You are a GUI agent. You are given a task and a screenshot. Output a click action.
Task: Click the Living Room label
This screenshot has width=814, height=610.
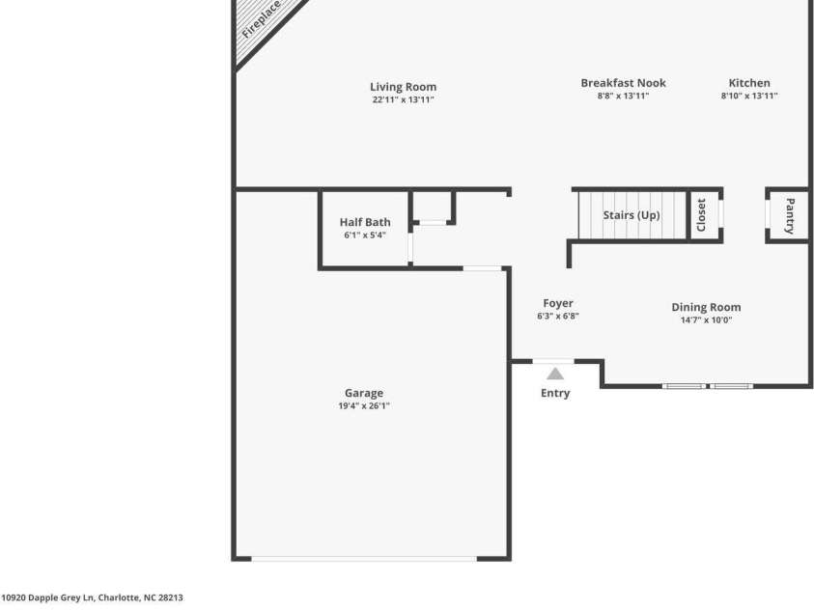tap(403, 87)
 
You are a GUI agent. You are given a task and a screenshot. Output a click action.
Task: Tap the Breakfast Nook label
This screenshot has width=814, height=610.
tap(623, 83)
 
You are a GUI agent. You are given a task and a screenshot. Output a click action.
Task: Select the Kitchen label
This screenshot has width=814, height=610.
tap(749, 83)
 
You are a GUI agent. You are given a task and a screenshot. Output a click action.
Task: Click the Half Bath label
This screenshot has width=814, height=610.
tap(365, 222)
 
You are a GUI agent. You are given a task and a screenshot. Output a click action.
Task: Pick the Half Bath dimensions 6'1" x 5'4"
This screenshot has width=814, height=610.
tap(365, 235)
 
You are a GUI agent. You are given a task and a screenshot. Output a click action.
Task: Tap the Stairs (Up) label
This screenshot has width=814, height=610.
tap(632, 214)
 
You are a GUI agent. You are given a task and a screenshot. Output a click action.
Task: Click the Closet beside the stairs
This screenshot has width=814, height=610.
tap(701, 213)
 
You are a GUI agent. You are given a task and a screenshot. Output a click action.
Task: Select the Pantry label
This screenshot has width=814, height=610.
tap(790, 215)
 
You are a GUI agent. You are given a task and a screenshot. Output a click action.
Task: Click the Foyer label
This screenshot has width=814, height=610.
tap(558, 303)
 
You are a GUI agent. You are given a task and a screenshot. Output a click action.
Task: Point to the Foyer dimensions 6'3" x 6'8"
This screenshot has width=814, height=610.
tap(558, 316)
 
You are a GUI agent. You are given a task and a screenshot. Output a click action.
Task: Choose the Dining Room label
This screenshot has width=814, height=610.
tap(706, 307)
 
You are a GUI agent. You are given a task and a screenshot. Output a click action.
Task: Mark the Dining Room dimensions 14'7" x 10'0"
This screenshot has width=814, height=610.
tap(706, 319)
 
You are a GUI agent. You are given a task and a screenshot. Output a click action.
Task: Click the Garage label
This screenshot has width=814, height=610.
tap(364, 393)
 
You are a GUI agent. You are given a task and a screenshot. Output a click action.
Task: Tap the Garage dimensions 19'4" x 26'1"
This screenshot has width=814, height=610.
tap(364, 406)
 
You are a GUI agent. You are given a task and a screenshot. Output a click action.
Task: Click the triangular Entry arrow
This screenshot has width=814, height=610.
tap(555, 374)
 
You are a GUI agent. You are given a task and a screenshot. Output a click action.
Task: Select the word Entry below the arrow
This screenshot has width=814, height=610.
tap(555, 393)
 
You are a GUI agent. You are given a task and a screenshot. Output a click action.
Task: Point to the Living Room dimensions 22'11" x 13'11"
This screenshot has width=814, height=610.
tap(403, 99)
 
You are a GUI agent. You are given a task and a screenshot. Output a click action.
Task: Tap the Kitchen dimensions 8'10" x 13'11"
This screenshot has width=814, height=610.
tap(749, 96)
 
